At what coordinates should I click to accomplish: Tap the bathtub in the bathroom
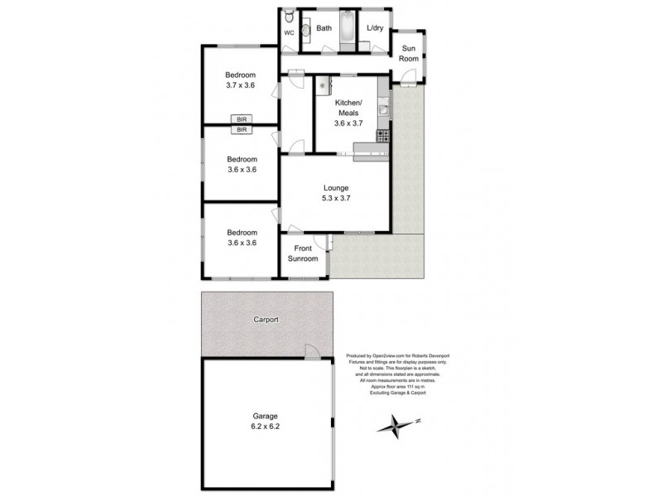[347, 29]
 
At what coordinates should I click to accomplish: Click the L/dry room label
[375, 29]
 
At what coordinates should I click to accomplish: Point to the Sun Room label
[409, 54]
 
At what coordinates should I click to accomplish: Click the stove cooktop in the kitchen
[382, 134]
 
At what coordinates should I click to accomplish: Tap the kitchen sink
[383, 107]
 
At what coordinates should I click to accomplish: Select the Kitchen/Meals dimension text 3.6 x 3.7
[348, 123]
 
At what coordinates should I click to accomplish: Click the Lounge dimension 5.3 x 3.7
[335, 198]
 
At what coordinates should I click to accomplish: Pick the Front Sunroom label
[303, 253]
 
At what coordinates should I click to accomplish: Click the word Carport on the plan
[266, 319]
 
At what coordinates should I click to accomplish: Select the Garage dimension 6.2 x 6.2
[266, 428]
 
